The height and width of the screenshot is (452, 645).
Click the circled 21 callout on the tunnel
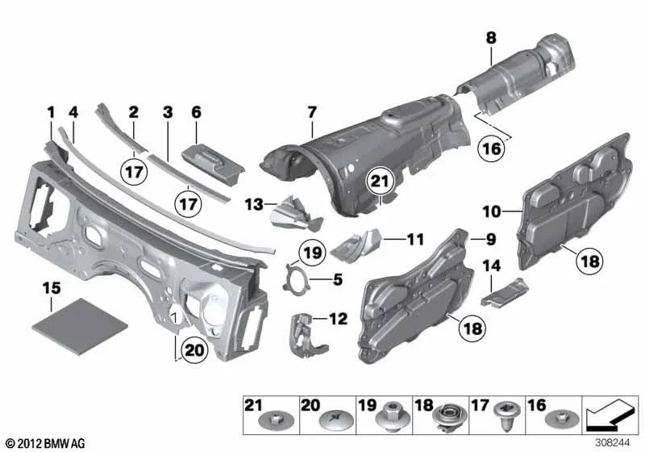(381, 185)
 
